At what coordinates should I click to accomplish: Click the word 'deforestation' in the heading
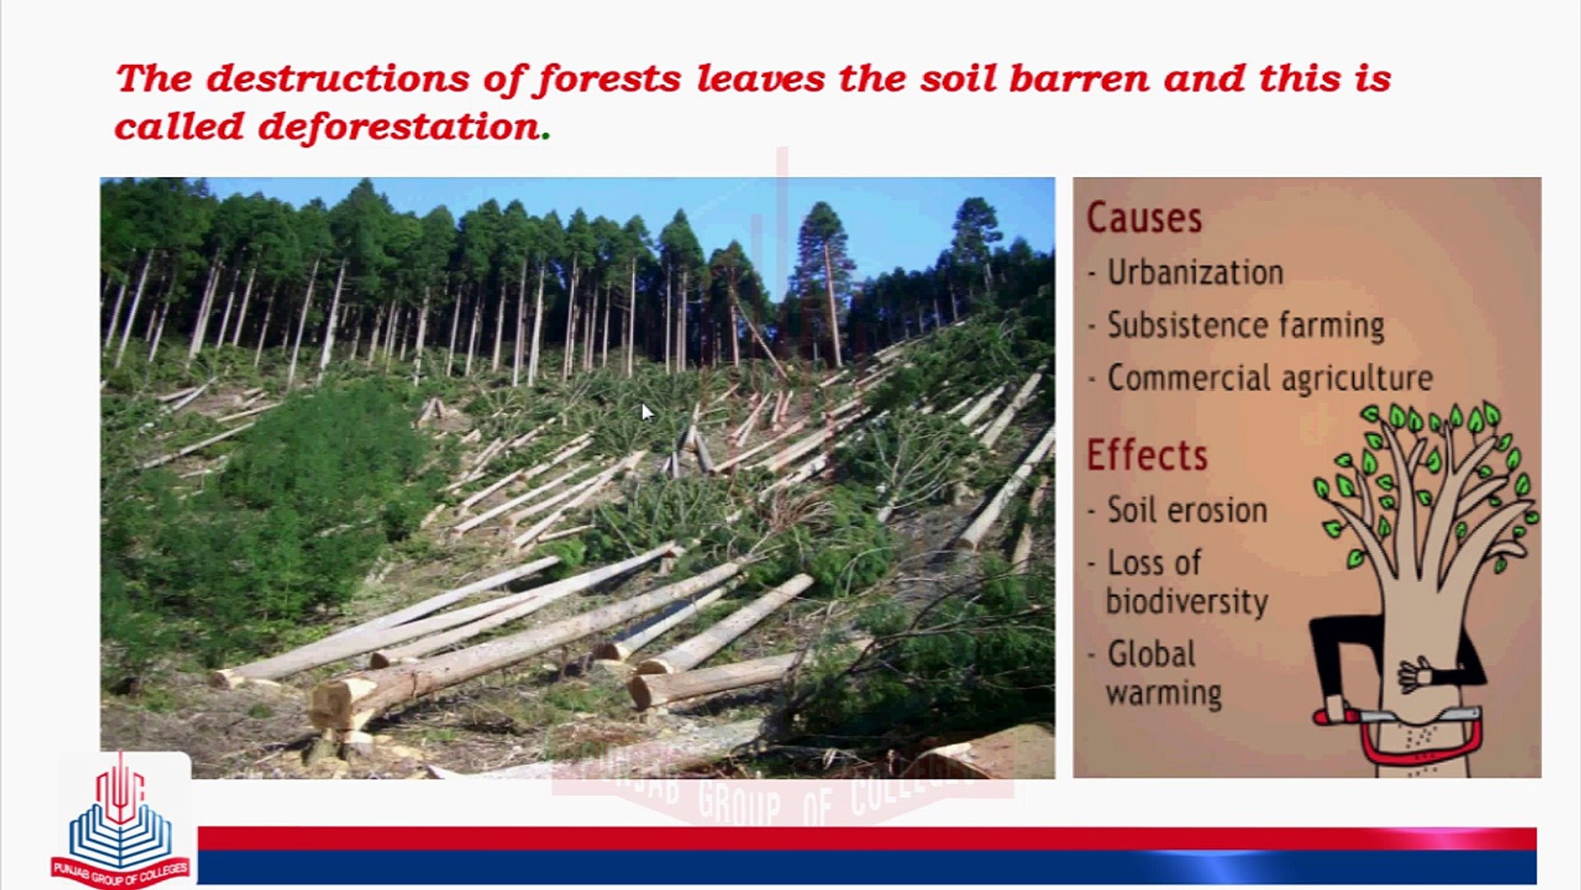pyautogui.click(x=399, y=128)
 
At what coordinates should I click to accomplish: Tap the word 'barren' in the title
pyautogui.click(x=1078, y=79)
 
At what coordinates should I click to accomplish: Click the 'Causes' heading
pyautogui.click(x=1144, y=218)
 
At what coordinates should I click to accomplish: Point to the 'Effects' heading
pyautogui.click(x=1146, y=456)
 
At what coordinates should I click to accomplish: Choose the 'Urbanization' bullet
pyautogui.click(x=1194, y=273)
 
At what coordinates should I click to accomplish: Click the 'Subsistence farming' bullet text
pyautogui.click(x=1245, y=326)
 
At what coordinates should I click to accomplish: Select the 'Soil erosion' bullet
pyautogui.click(x=1186, y=511)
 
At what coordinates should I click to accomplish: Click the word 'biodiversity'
pyautogui.click(x=1186, y=602)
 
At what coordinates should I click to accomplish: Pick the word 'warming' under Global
pyautogui.click(x=1163, y=694)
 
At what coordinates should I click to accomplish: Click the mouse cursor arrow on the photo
pyautogui.click(x=646, y=411)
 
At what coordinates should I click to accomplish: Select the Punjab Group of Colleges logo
pyautogui.click(x=121, y=824)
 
